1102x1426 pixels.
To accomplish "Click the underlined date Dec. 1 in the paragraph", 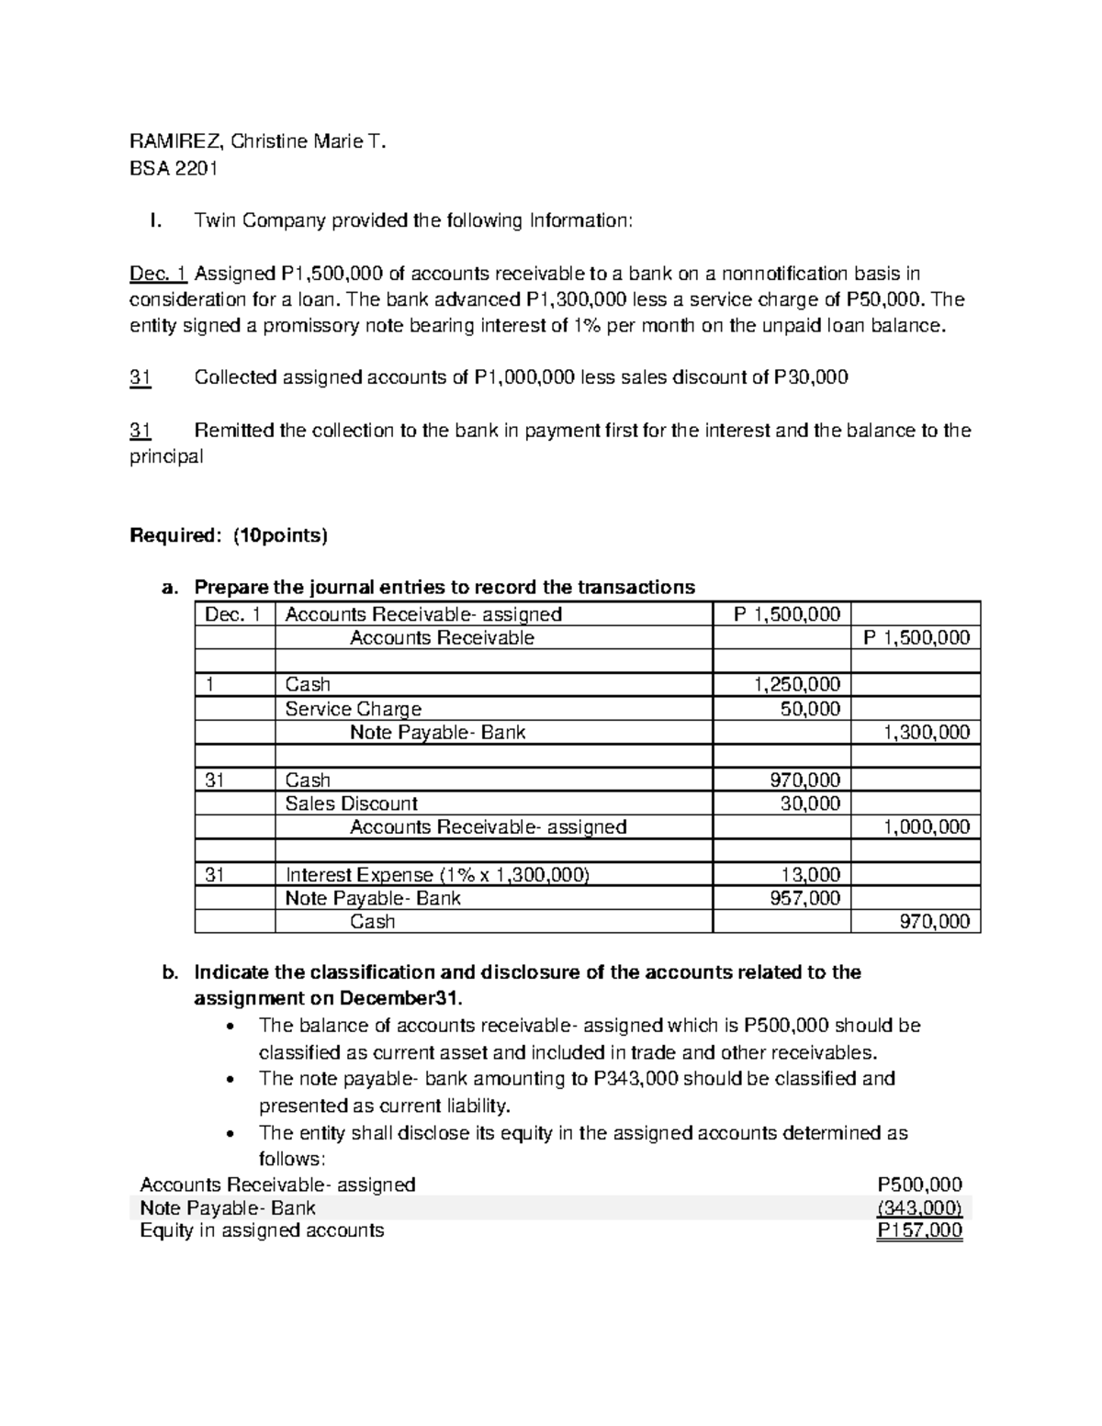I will [158, 274].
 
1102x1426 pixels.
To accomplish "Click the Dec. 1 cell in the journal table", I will [234, 614].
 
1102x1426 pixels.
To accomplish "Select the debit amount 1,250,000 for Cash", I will [796, 684].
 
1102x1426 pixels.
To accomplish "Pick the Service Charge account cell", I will [353, 709].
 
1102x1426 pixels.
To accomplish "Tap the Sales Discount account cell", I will [351, 803].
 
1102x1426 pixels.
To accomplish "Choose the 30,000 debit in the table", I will [810, 803].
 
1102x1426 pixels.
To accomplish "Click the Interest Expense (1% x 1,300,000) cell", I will [437, 875].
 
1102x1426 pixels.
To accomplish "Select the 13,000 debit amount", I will [810, 875].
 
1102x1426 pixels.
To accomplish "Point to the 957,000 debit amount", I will [804, 898].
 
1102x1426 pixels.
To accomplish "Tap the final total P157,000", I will [920, 1231].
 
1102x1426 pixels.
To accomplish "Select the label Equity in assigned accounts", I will [262, 1230].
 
